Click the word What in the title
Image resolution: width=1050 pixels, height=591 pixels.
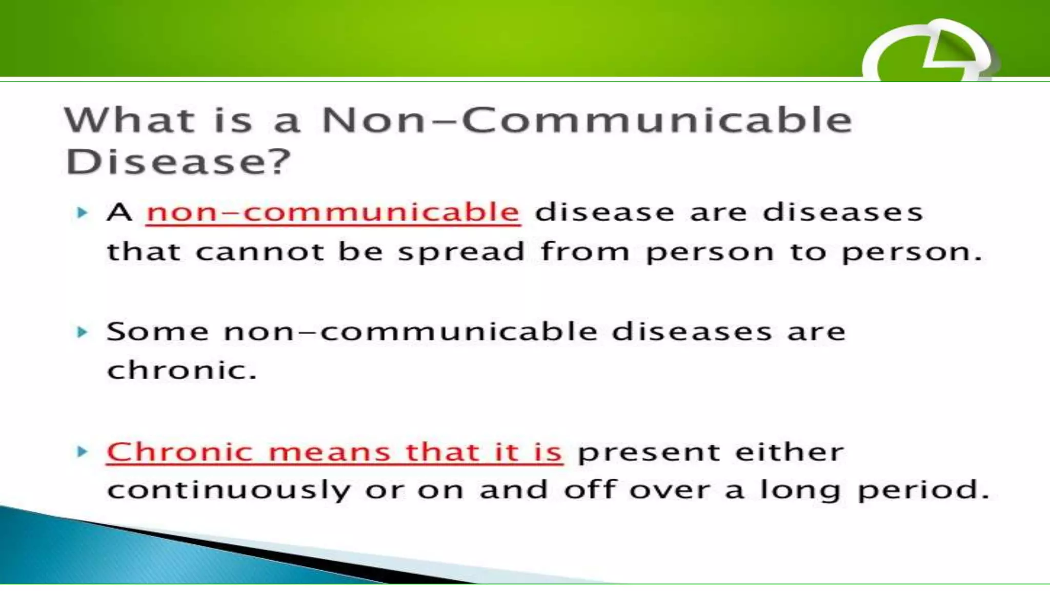tap(129, 120)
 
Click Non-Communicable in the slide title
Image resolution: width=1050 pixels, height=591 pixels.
tap(587, 120)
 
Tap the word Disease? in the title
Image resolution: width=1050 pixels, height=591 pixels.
tap(178, 162)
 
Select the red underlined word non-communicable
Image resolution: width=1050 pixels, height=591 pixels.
tap(333, 212)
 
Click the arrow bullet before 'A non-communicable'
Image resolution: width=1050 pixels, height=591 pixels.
tap(82, 212)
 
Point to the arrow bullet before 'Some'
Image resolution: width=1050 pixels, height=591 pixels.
tap(82, 332)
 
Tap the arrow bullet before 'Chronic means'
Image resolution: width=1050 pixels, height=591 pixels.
tap(82, 451)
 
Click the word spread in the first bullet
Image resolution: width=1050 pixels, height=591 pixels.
tap(461, 252)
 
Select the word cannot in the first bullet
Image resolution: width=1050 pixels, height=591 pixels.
tap(259, 251)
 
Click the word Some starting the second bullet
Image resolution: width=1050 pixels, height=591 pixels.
tap(157, 331)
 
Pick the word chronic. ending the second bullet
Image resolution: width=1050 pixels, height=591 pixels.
tap(181, 370)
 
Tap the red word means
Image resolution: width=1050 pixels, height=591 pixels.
tap(329, 452)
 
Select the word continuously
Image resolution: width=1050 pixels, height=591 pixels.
tap(229, 490)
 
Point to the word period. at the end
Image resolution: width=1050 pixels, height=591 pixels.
tap(923, 490)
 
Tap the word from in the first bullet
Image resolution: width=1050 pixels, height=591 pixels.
tap(584, 251)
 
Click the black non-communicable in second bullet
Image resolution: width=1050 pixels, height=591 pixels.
tap(410, 331)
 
